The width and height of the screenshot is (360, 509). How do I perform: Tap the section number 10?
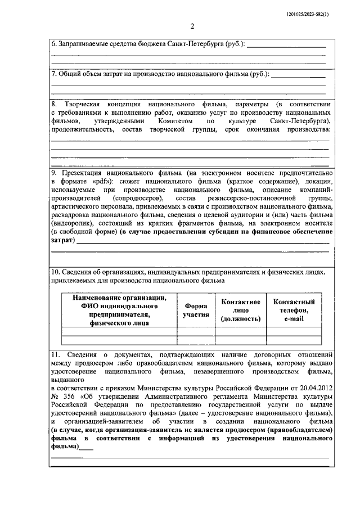tap(55, 272)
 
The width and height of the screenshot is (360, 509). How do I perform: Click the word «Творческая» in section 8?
tap(82, 105)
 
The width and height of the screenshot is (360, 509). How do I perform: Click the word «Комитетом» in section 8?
tap(172, 121)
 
